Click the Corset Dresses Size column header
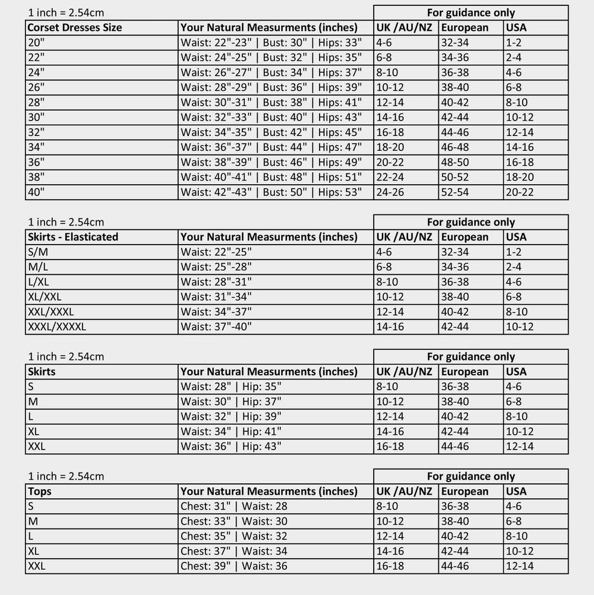click(75, 27)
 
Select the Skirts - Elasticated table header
click(73, 237)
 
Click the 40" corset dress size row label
click(36, 192)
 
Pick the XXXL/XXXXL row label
click(57, 327)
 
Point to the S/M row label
click(38, 252)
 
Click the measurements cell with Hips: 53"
click(271, 192)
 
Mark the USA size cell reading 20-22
click(520, 192)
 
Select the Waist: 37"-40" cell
click(216, 327)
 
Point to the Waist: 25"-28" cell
click(216, 267)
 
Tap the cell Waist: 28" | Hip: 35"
click(231, 387)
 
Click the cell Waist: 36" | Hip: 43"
click(231, 447)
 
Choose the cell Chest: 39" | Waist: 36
click(234, 566)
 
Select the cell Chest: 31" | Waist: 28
click(234, 507)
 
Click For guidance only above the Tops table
click(471, 476)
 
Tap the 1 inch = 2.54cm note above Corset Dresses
click(66, 12)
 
